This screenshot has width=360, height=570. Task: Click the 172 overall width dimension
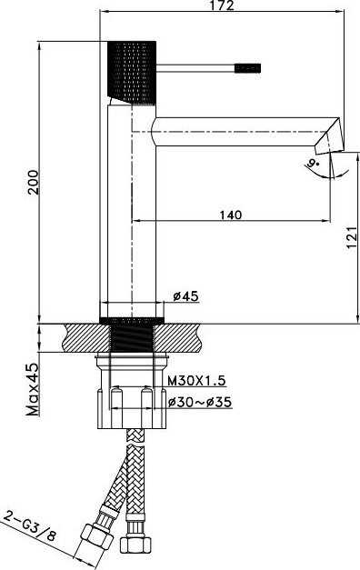point(222,5)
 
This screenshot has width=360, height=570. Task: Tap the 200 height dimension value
point(34,182)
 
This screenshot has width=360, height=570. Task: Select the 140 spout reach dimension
point(231,215)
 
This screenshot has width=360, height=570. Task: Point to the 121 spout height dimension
point(351,237)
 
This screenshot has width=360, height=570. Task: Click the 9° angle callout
point(312,164)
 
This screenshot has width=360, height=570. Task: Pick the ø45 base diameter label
point(185,295)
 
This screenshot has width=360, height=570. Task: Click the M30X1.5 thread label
point(196,381)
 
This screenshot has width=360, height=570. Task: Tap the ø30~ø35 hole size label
point(200,402)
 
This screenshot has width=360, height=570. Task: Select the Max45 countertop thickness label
point(33,390)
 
